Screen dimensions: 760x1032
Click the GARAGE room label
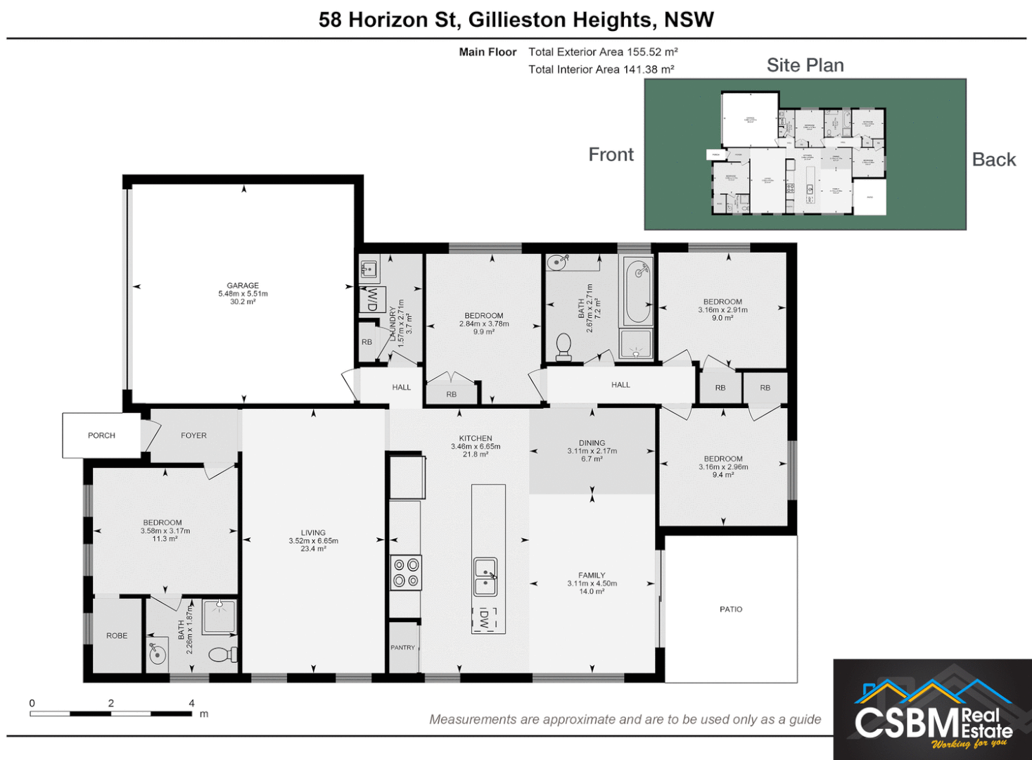[x=243, y=286]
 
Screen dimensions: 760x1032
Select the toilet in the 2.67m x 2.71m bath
[x=563, y=346]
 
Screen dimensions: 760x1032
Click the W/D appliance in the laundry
[x=372, y=299]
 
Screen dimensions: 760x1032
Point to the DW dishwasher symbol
[x=484, y=619]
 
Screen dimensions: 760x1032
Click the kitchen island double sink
[x=485, y=577]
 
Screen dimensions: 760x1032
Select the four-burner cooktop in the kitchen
[x=406, y=572]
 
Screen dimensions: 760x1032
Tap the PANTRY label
[x=403, y=647]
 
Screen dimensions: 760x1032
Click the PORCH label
[x=101, y=436]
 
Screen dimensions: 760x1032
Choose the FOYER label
[x=193, y=436]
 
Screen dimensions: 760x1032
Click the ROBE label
[x=117, y=635]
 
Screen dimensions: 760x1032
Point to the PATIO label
[x=731, y=609]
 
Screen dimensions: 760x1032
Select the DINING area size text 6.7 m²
[x=592, y=459]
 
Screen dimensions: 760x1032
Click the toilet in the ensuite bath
[x=222, y=654]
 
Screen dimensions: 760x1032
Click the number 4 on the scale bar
[x=191, y=703]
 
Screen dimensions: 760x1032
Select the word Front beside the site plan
[x=611, y=155]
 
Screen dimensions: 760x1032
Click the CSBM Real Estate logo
[x=933, y=711]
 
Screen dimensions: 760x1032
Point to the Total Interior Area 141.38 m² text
[x=601, y=69]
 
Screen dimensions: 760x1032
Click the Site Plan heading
[x=805, y=65]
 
